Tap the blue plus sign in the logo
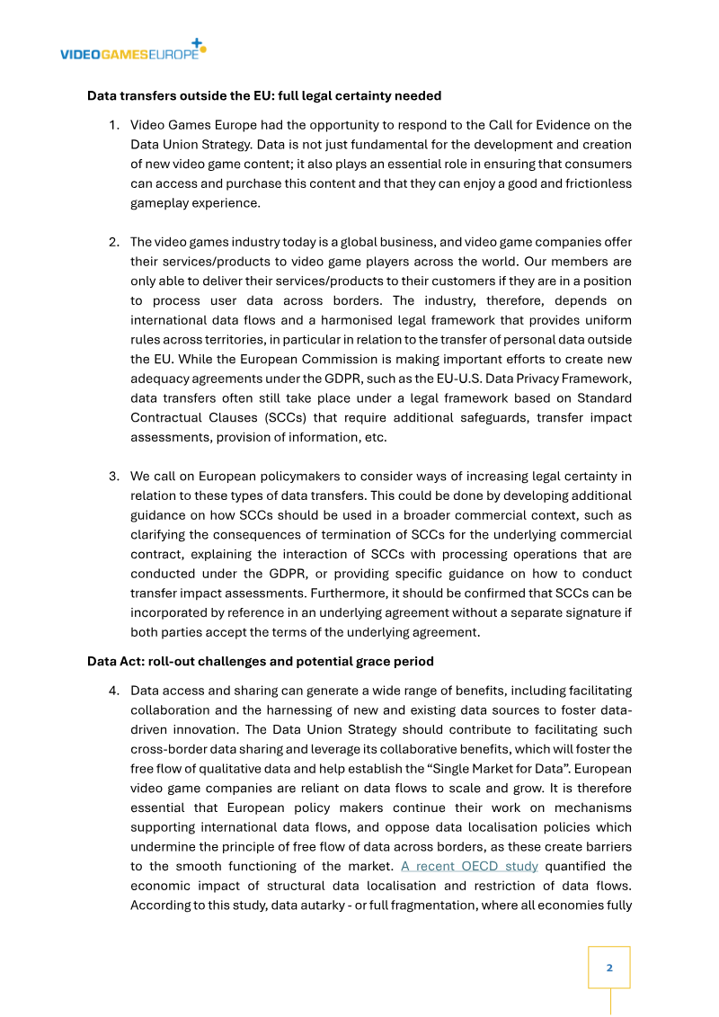coord(198,42)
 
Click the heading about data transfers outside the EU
coord(263,95)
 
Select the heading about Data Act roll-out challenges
coord(260,662)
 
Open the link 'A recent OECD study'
coord(469,866)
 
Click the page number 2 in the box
coord(609,968)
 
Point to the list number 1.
coord(114,125)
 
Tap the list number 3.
coord(114,477)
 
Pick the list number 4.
coord(114,691)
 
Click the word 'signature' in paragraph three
coord(584,613)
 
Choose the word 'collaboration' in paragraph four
coord(173,710)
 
